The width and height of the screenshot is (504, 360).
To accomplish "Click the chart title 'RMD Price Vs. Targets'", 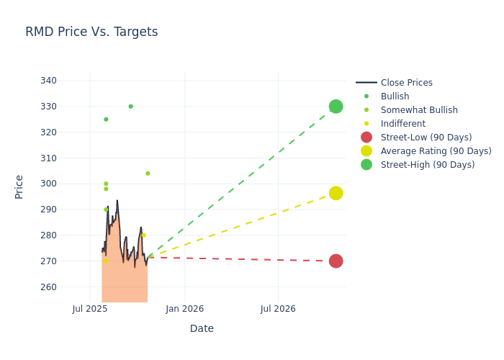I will [x=91, y=32].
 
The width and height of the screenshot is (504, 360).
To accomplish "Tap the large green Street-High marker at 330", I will [x=336, y=107].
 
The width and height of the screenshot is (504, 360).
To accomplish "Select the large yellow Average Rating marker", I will [x=336, y=193].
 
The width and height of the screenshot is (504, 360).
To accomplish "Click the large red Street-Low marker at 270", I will [x=336, y=261].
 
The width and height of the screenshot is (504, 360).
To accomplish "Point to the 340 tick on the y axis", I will [x=68, y=81].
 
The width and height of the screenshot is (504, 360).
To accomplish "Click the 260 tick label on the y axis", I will [x=68, y=287].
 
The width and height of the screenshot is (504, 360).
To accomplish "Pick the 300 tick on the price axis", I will [x=68, y=184].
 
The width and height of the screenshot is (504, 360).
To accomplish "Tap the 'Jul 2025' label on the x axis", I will [x=90, y=309].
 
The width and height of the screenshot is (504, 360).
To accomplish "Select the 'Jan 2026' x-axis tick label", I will [x=184, y=309].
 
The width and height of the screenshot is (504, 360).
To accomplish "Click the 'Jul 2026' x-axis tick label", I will [x=278, y=309].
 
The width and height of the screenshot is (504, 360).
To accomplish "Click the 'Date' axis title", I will [x=202, y=328].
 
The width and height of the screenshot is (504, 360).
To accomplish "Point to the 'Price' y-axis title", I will [x=19, y=186].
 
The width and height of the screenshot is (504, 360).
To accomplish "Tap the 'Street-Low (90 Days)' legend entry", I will [x=426, y=138].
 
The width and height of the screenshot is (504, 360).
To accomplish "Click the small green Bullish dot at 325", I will [x=106, y=120].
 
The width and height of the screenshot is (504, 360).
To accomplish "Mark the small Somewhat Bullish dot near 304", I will [x=148, y=174].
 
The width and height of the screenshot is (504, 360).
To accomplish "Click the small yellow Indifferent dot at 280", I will [x=143, y=235].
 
